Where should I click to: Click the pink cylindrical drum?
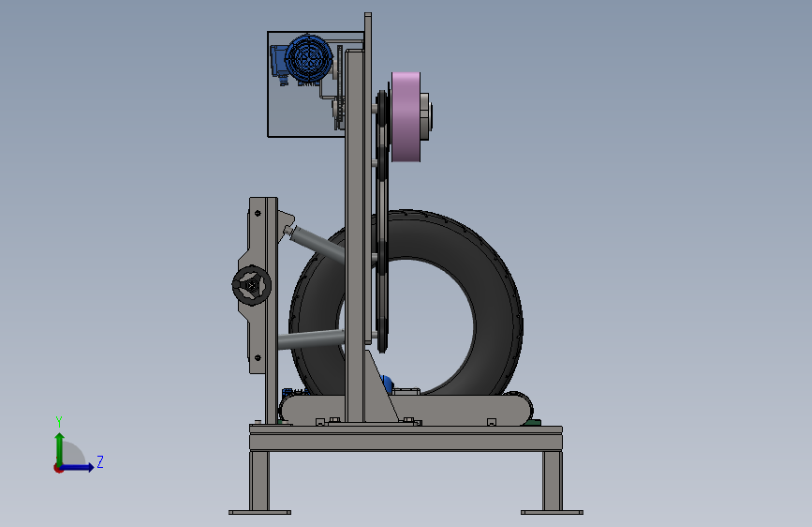point(406,116)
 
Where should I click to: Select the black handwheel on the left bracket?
point(252,285)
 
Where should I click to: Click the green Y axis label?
point(59,422)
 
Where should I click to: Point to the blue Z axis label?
point(100,461)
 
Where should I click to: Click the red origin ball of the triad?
point(58,468)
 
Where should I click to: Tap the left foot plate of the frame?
point(260,513)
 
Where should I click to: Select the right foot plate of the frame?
point(552,513)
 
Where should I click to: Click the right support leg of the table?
point(553,481)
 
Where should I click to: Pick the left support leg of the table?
point(259,481)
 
